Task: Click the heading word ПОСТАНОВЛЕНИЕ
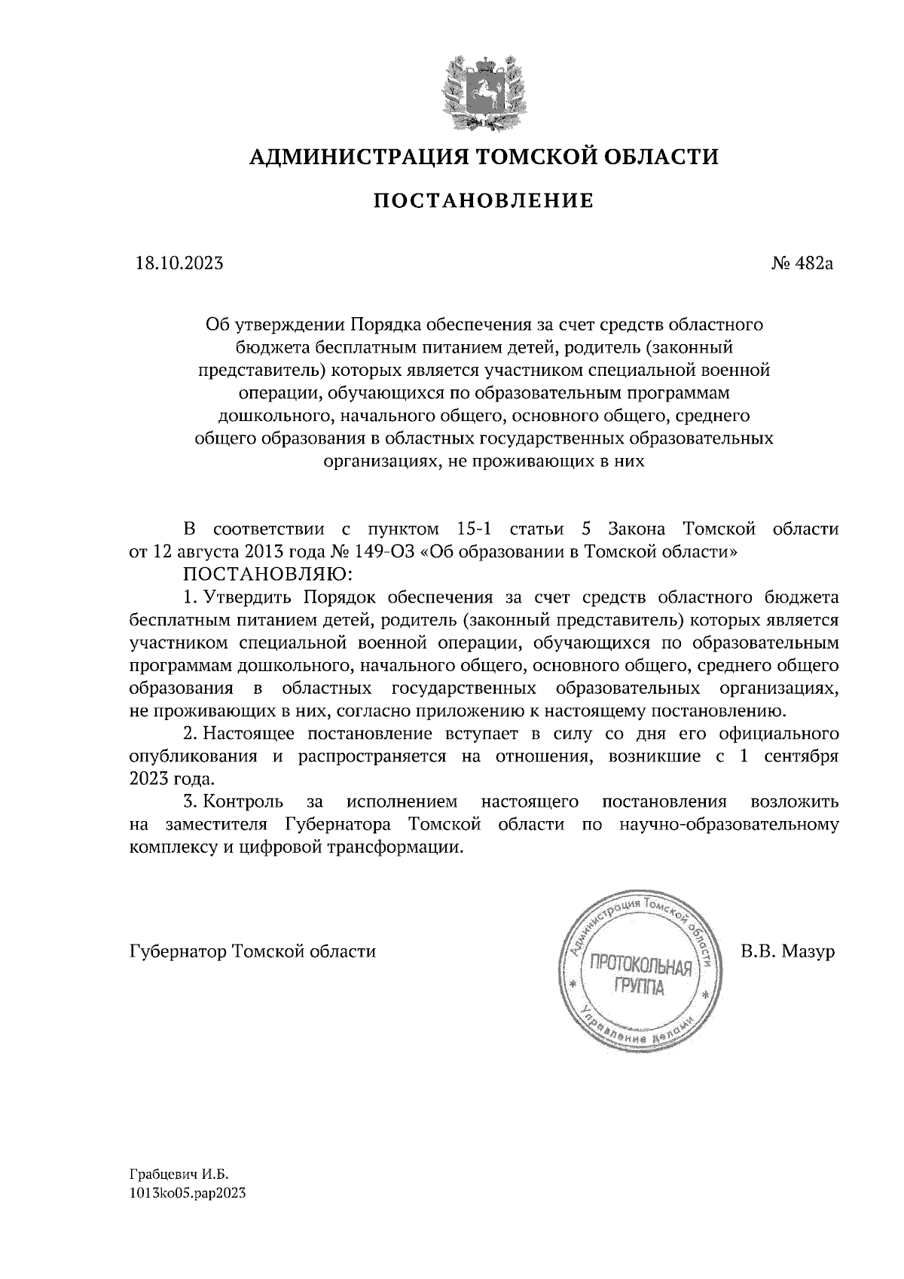pyautogui.click(x=484, y=201)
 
